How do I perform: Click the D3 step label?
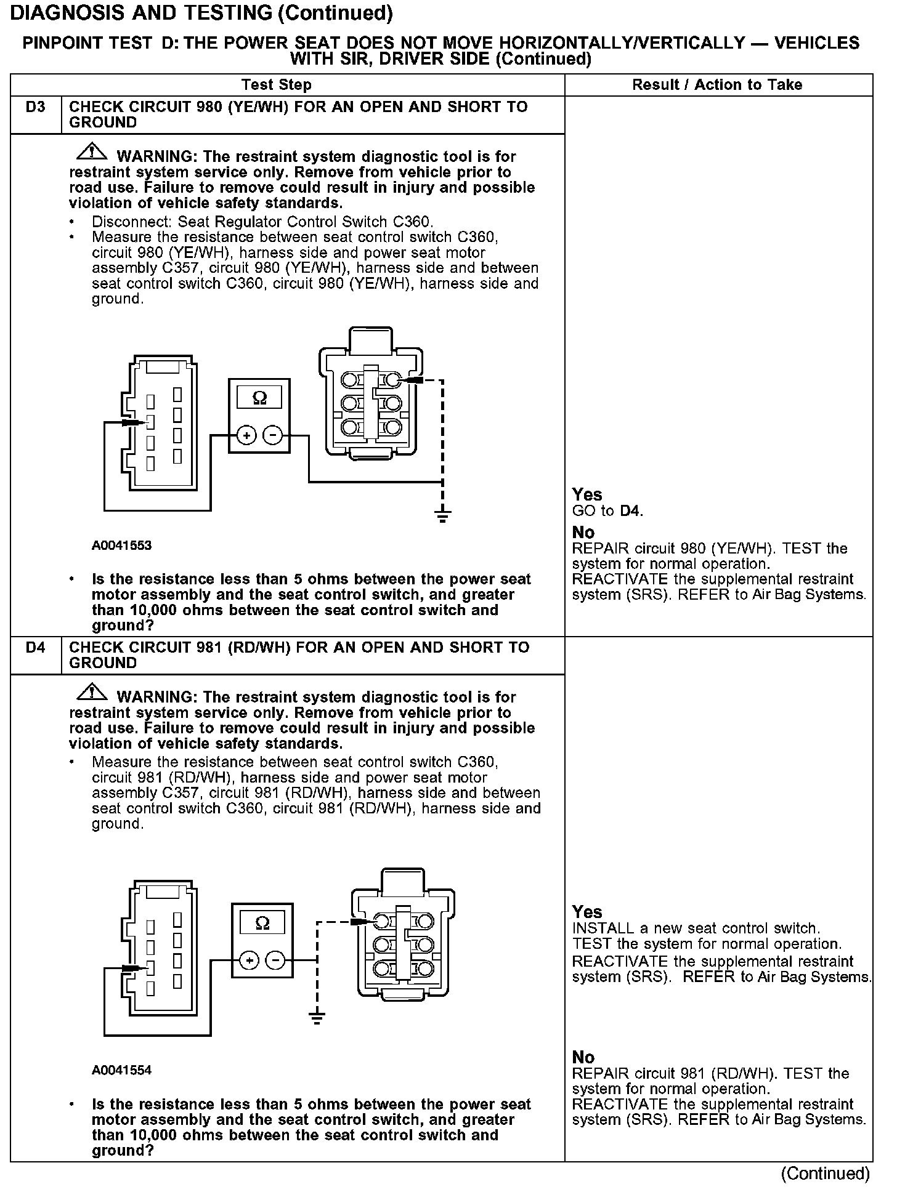tap(36, 107)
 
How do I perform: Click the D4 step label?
tap(36, 648)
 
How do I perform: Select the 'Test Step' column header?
tap(277, 85)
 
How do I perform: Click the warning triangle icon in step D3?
tap(91, 151)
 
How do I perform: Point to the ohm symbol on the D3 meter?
tap(259, 398)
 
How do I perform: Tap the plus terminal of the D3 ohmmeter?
tap(246, 436)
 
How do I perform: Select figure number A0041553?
tap(121, 546)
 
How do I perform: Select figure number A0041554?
tap(121, 1070)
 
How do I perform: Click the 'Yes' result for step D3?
tap(586, 494)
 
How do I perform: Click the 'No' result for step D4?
tap(583, 1057)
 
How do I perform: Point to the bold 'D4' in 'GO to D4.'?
tap(630, 510)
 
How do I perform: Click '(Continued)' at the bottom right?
tap(825, 1174)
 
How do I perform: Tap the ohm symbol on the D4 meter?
tap(262, 923)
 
